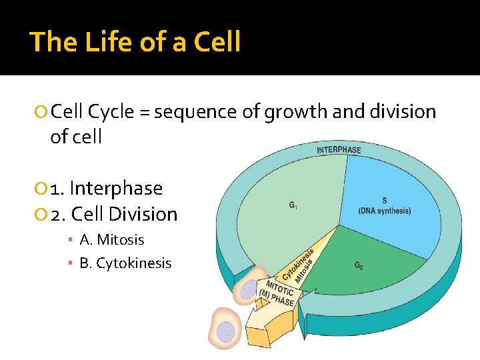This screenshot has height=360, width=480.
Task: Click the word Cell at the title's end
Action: coord(217,42)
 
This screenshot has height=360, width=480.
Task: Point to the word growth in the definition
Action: coord(295,111)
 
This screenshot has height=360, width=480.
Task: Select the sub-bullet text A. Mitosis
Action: coord(111,240)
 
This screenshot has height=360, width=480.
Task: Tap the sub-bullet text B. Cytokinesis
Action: coord(125,263)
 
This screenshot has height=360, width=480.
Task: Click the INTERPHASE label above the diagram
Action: coord(339,149)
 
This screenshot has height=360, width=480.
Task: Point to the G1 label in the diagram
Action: coord(293,205)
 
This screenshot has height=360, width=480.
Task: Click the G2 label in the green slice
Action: coord(359,265)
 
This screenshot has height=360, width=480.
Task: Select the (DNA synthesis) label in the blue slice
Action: coord(385,211)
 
